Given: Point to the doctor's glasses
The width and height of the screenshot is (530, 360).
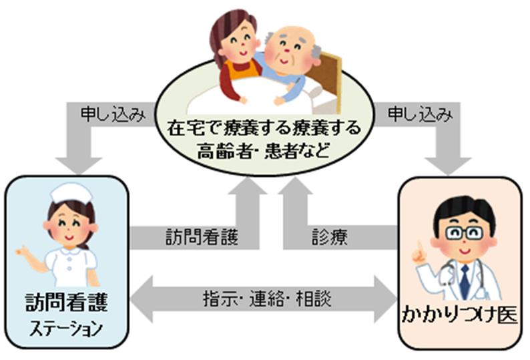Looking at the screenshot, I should point(465,232).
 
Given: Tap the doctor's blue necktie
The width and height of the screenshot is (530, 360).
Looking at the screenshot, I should point(464,281).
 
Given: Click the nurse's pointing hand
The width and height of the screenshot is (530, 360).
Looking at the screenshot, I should point(20,254).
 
